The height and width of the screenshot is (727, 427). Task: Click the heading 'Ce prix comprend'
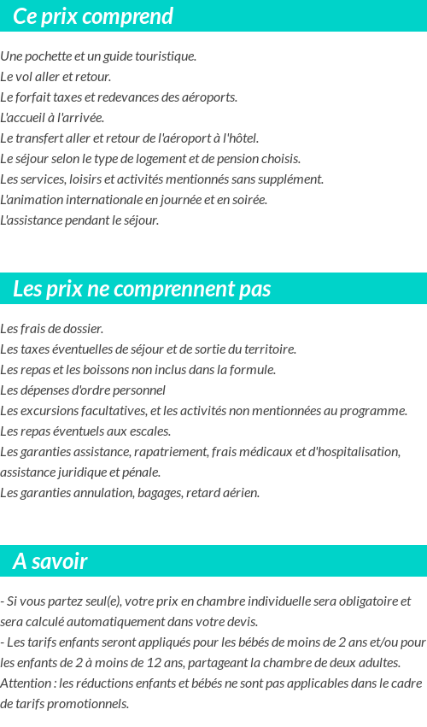[x=93, y=16]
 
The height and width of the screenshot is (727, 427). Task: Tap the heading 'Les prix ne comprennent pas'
[x=142, y=289]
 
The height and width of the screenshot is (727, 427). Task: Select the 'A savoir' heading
[x=50, y=561]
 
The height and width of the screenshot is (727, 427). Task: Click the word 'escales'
[x=150, y=431]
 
